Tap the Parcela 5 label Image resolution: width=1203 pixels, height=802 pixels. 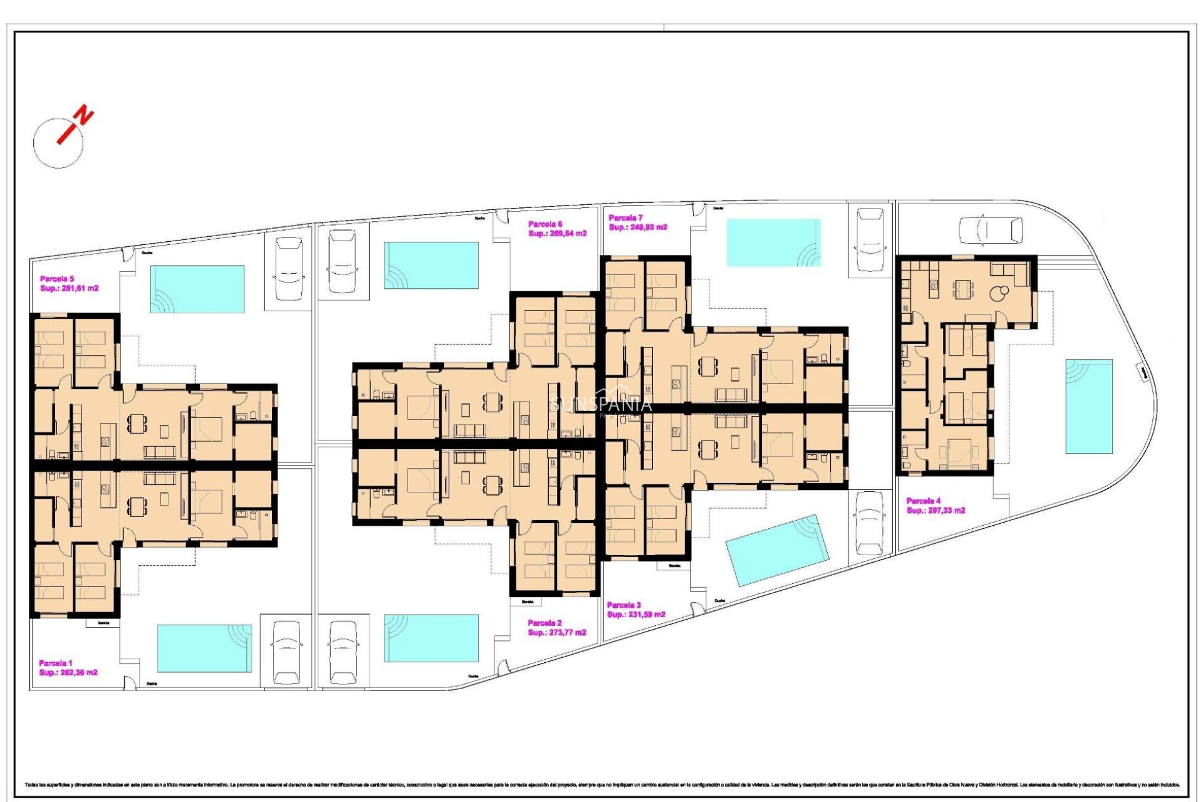point(57,279)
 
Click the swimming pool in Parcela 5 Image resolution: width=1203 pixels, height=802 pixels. point(197,289)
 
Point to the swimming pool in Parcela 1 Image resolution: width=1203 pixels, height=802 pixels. point(204,648)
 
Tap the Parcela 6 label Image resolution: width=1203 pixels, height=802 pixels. point(544,224)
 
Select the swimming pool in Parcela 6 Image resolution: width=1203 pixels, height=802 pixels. point(431,265)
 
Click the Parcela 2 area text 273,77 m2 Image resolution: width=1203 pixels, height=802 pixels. point(557,633)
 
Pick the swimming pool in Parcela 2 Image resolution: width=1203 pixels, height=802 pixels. point(431,638)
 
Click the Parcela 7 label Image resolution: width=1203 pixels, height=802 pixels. point(625,218)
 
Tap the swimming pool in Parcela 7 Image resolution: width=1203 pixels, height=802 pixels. point(773,242)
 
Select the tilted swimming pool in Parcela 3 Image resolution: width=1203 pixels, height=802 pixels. point(777,550)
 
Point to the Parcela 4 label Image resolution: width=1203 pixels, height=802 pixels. point(923,501)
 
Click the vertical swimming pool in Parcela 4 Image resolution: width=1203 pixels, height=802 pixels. point(1089,406)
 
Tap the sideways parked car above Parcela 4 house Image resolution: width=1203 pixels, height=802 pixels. point(991,230)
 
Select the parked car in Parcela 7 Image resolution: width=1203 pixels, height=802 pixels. point(870,239)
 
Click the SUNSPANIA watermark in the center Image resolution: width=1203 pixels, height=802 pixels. point(600,405)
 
